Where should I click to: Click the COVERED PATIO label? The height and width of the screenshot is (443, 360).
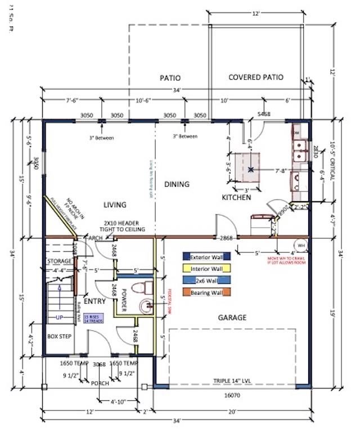coord(256,77)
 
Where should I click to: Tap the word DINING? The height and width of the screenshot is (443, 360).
coord(177,184)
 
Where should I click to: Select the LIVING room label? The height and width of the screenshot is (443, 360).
coord(114,205)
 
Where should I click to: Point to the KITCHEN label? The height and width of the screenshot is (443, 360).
coord(236,197)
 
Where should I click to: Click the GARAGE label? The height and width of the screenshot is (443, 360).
coord(232,318)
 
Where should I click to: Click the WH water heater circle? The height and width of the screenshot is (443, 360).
coord(300,246)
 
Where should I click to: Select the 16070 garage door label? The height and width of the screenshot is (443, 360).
coord(232,396)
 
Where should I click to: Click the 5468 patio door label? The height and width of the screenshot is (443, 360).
coord(264,114)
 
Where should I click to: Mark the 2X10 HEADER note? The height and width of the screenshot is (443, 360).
coord(123,226)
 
